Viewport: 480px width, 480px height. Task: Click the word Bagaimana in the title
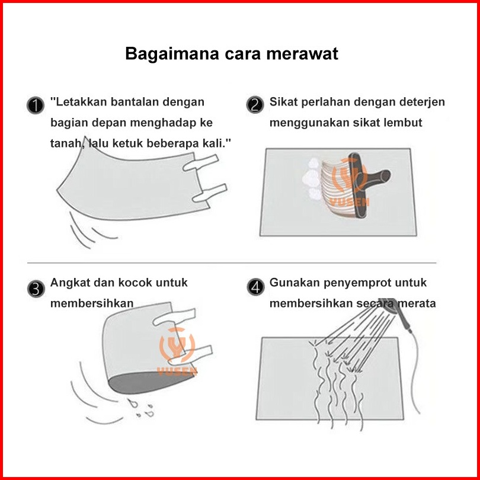click(172, 54)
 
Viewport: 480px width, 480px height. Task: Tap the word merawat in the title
click(302, 53)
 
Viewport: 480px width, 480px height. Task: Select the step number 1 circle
click(36, 105)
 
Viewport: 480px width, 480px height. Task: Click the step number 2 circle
click(255, 105)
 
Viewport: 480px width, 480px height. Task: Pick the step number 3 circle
click(36, 289)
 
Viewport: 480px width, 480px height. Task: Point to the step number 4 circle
click(255, 287)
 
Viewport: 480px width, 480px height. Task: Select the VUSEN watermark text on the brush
click(349, 202)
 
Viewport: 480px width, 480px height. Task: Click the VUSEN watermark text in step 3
click(177, 372)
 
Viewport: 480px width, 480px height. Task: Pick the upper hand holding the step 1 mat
click(201, 163)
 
